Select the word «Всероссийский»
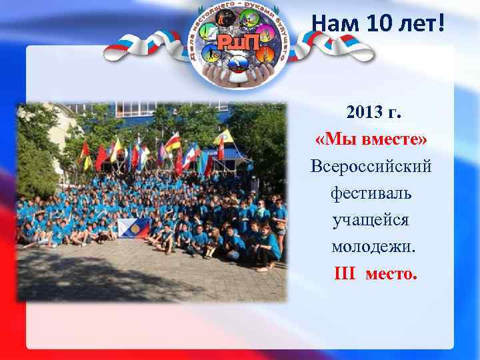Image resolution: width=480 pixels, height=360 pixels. pyautogui.click(x=371, y=166)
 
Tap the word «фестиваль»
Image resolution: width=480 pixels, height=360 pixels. pyautogui.click(x=371, y=193)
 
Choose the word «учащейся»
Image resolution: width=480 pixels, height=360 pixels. pyautogui.click(x=371, y=220)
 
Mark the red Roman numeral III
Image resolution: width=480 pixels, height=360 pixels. pyautogui.click(x=347, y=273)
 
